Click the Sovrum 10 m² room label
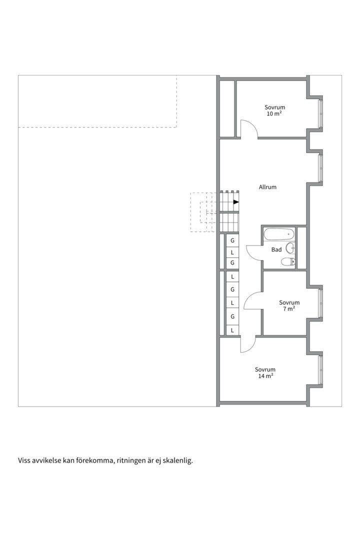pos(275,110)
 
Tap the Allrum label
pos(267,187)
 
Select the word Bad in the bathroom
pos(276,249)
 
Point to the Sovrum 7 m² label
pos(289,305)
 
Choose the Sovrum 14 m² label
pos(265,373)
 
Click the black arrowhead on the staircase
pos(236,202)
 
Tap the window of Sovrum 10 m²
pos(320,113)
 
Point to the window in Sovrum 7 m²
pos(320,303)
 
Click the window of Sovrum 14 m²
pos(320,370)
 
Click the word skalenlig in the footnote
pos(177,461)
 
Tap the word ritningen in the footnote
pos(131,461)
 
